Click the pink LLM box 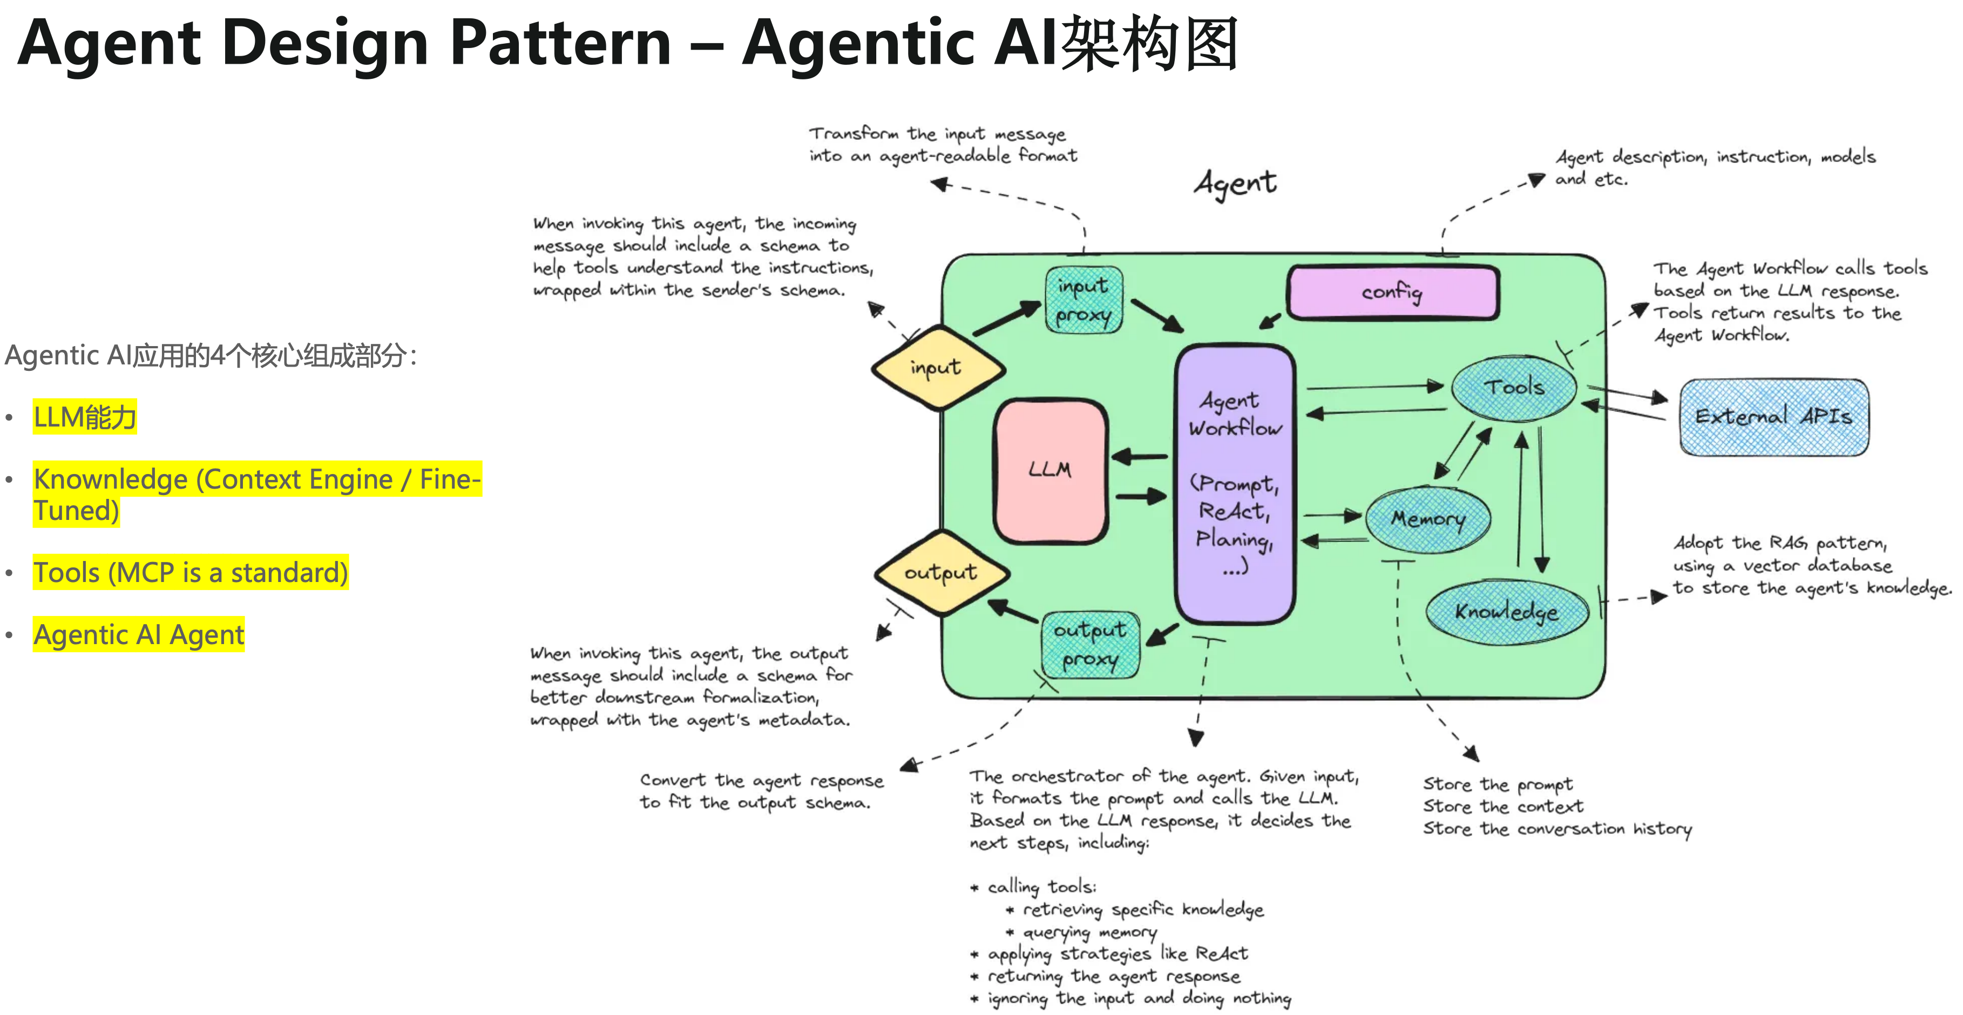click(x=1050, y=470)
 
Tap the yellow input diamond click(x=937, y=369)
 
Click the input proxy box click(x=1083, y=300)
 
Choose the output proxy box click(x=1089, y=645)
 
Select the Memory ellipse click(x=1428, y=519)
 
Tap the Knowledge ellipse click(x=1507, y=612)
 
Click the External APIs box click(x=1774, y=417)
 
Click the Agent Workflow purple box click(x=1235, y=483)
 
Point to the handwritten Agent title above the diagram click(x=1235, y=184)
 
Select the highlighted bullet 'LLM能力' click(x=85, y=417)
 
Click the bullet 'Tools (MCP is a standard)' click(x=191, y=572)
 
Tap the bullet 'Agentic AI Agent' click(x=139, y=634)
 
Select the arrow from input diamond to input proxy click(x=1007, y=319)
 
